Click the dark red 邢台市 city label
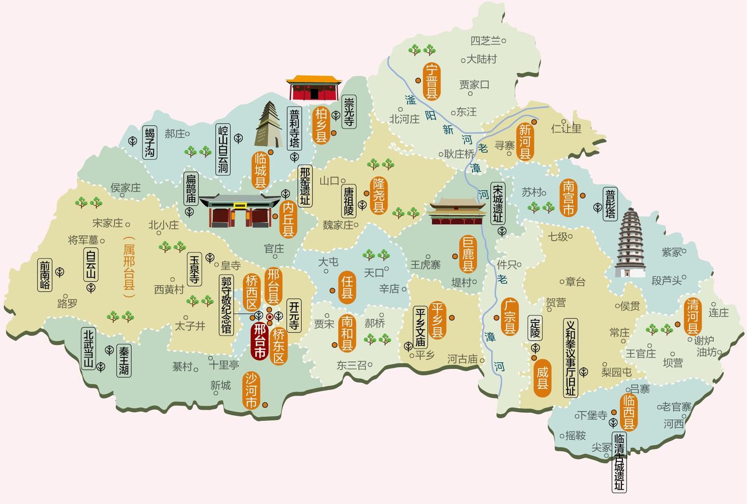[x=259, y=341]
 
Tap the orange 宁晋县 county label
[x=432, y=81]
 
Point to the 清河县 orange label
[x=693, y=316]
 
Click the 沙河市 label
[x=252, y=390]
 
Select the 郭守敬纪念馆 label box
[x=227, y=304]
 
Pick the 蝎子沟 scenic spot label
[x=149, y=142]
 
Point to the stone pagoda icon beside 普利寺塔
[x=267, y=124]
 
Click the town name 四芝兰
[x=486, y=40]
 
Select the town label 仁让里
[x=566, y=128]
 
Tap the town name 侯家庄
[x=126, y=188]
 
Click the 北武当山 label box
[x=89, y=349]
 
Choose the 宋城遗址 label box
[x=498, y=203]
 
